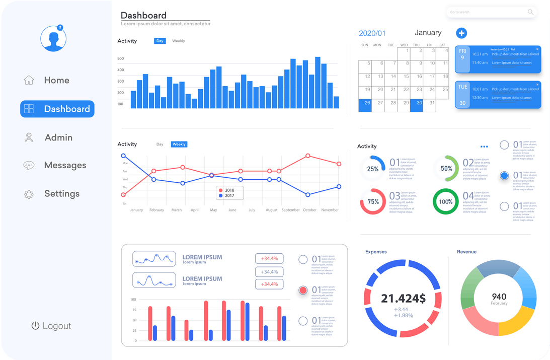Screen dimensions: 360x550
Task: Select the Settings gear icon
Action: [x=29, y=194]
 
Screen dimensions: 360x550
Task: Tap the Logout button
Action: [x=51, y=326]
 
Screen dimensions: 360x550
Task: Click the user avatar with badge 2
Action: [x=53, y=38]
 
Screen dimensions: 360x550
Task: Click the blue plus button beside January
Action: [x=461, y=33]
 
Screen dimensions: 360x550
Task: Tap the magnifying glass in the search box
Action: [x=530, y=12]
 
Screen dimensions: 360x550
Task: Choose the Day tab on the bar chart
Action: [x=160, y=41]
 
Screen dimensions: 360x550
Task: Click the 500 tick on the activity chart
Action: [x=121, y=58]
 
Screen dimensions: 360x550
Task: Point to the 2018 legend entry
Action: [x=226, y=190]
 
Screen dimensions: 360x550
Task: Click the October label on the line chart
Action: [x=309, y=210]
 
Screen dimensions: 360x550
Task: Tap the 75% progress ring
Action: [x=373, y=201]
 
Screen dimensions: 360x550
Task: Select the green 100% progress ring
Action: [x=446, y=201]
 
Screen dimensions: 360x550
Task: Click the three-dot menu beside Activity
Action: [x=484, y=147]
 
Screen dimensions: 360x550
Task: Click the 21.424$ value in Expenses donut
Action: [x=403, y=299]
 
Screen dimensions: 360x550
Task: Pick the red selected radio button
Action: [x=303, y=290]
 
